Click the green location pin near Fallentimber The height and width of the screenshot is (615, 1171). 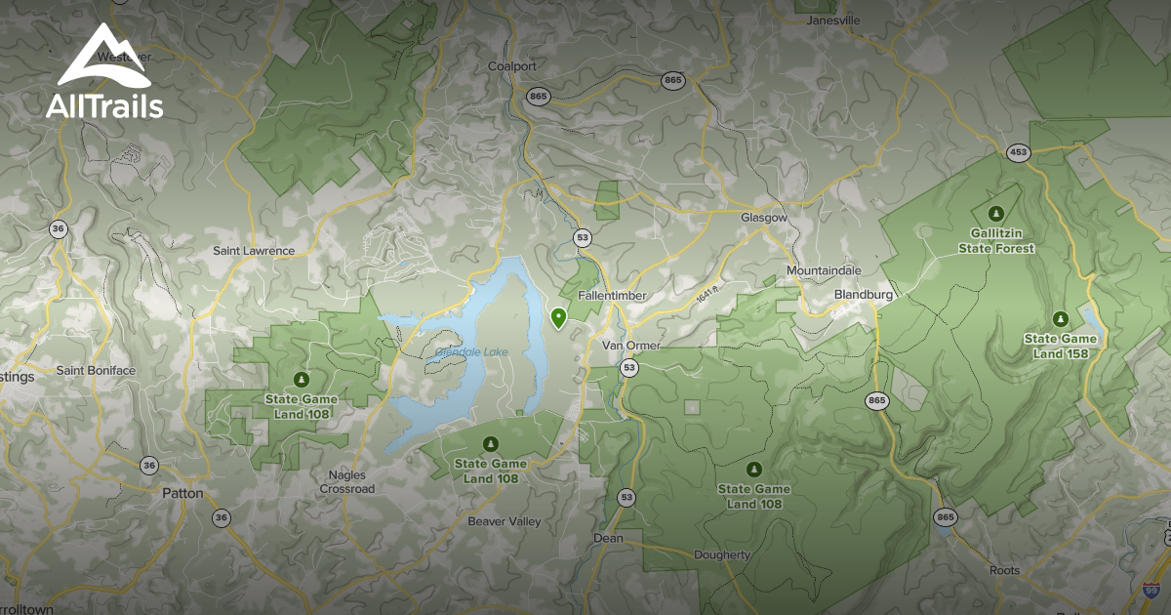pos(558,317)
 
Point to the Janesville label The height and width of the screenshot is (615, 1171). pos(833,20)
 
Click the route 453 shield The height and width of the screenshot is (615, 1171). pos(1019,152)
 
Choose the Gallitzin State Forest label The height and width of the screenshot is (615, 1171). pos(1002,241)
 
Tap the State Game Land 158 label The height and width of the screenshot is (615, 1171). pos(1060,346)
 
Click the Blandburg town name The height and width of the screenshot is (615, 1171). pos(866,294)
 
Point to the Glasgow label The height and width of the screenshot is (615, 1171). pos(763,218)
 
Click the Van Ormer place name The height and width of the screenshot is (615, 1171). pos(630,346)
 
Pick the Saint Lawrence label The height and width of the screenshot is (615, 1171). pos(254,251)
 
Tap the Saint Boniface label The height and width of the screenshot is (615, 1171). pos(96,371)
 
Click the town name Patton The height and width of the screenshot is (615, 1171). pos(182,493)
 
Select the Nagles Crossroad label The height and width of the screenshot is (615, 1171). pos(347,482)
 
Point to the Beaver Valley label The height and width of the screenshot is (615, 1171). pos(504,521)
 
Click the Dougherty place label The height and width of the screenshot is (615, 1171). pos(722,555)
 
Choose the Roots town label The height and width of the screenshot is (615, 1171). pos(1004,570)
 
